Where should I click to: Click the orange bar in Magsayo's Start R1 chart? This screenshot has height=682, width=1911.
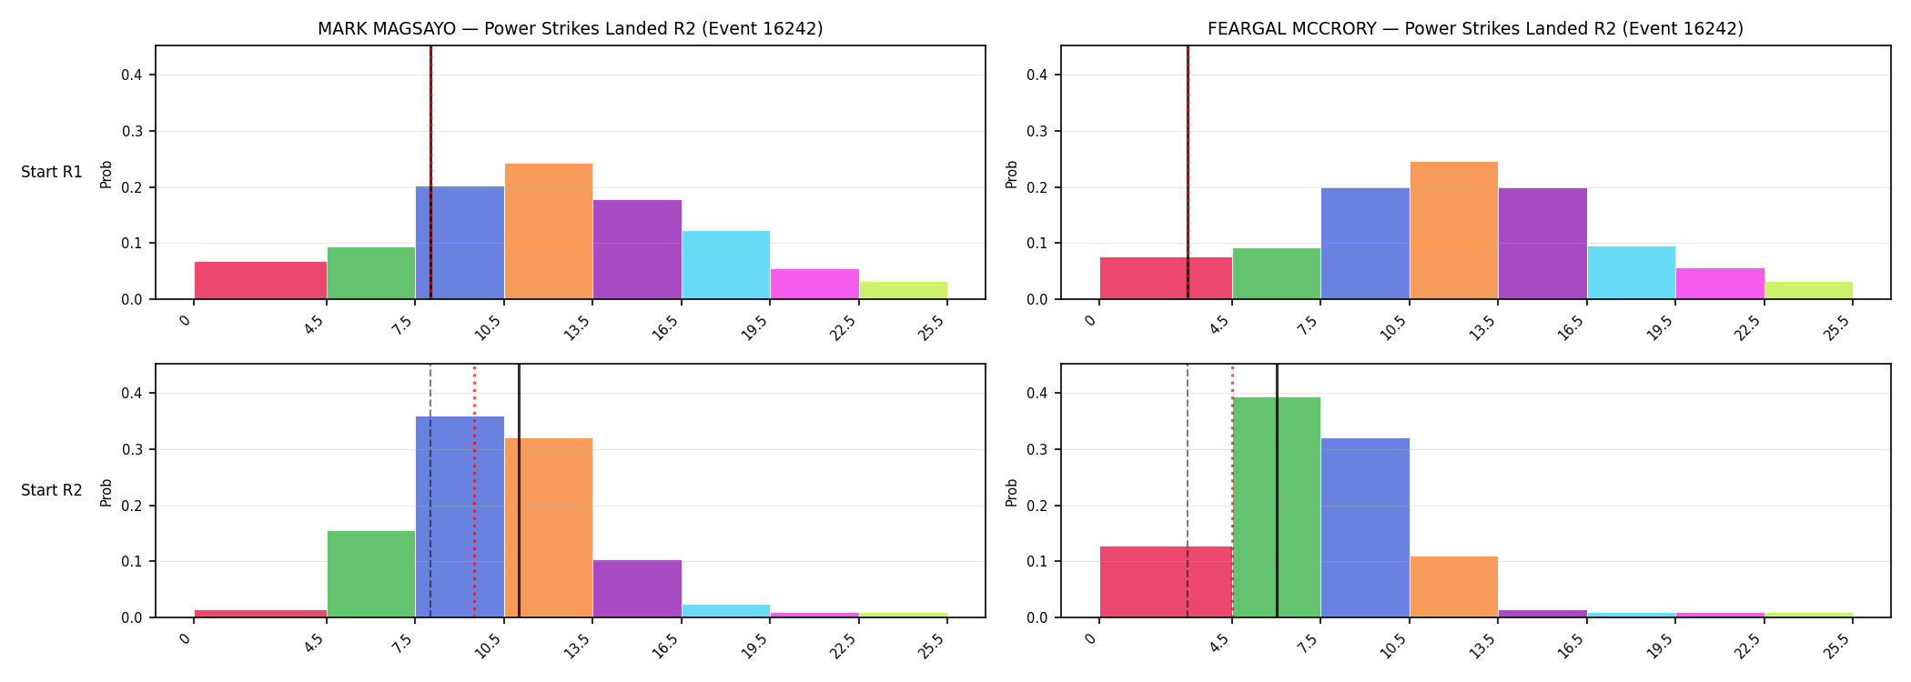tap(549, 231)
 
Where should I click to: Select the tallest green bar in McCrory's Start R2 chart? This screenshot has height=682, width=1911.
tap(1277, 507)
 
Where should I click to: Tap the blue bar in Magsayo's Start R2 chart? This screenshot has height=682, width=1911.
tap(460, 517)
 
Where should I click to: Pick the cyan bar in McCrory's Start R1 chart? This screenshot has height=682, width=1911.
tap(1632, 273)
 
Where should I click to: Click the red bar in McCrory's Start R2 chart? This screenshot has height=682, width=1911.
tap(1166, 582)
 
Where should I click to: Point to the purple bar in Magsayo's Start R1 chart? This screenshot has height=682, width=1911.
tap(637, 249)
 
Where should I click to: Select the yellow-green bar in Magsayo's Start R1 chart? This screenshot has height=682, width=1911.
tap(904, 290)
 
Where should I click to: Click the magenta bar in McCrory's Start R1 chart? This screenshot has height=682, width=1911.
tap(1720, 284)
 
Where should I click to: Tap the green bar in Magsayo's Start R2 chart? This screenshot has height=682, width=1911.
tap(371, 574)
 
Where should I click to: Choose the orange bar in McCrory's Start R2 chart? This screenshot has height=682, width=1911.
tap(1454, 587)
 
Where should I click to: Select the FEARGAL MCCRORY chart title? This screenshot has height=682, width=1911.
tap(1475, 29)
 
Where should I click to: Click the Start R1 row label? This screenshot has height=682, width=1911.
tap(52, 172)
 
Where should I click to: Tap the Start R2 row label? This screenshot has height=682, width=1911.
tap(52, 490)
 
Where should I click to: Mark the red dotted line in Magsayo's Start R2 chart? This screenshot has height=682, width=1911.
tap(474, 491)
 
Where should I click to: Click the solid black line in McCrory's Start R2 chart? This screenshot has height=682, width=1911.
tap(1277, 491)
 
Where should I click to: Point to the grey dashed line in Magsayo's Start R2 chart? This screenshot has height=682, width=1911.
tap(430, 491)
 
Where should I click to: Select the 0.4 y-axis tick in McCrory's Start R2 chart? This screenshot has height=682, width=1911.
tap(1038, 394)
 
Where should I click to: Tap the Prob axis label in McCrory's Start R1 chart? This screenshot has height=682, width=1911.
tap(1012, 175)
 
